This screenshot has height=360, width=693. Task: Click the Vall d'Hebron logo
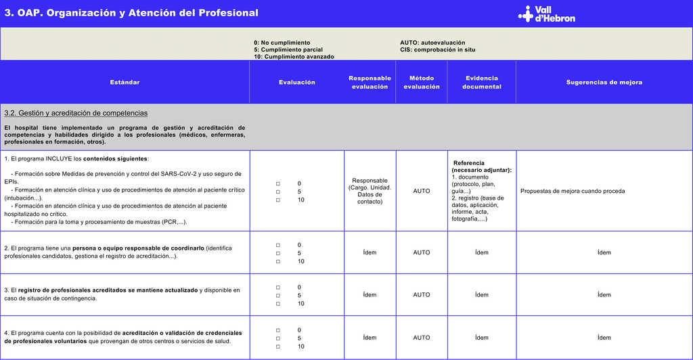click(547, 14)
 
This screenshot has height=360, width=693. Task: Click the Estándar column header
click(125, 83)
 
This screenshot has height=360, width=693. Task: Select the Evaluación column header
click(296, 83)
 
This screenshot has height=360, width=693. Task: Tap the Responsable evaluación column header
click(370, 83)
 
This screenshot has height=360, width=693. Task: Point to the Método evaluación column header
click(422, 83)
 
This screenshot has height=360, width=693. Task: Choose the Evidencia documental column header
click(481, 83)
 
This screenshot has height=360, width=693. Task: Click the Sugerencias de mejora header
click(604, 83)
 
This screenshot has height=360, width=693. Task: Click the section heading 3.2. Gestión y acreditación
click(76, 113)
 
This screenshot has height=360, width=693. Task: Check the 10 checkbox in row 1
click(278, 200)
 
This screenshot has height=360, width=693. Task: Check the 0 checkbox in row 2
click(278, 245)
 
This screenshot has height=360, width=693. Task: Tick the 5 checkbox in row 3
click(278, 296)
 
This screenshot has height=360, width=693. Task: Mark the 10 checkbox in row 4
click(278, 346)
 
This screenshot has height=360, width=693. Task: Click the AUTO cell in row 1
click(422, 192)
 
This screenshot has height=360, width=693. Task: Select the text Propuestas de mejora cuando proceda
click(573, 192)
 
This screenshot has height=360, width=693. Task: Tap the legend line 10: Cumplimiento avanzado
click(294, 57)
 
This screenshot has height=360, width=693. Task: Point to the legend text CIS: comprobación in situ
click(437, 49)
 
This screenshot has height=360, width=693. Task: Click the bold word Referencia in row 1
click(468, 163)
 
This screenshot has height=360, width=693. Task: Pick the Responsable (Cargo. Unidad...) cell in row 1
click(370, 192)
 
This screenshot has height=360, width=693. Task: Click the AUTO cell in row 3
click(422, 295)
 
